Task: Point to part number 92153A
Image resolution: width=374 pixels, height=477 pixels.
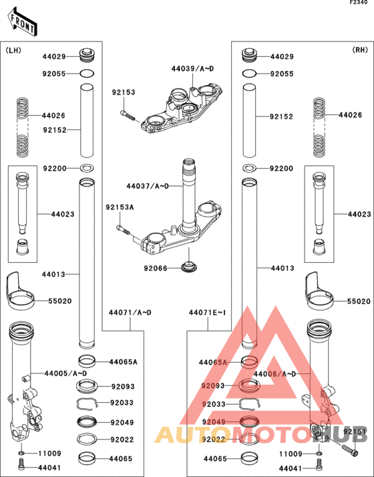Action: pyautogui.click(x=120, y=207)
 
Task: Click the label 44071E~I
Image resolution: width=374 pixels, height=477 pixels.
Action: pyautogui.click(x=208, y=312)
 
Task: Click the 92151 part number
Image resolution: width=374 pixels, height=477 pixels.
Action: pyautogui.click(x=356, y=432)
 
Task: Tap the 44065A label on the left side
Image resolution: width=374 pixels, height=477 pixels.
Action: pyautogui.click(x=124, y=361)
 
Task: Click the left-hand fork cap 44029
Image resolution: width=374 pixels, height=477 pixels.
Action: pyautogui.click(x=87, y=54)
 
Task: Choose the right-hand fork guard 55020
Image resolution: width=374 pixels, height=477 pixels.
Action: pyautogui.click(x=320, y=288)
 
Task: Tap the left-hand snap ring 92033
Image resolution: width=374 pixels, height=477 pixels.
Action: pyautogui.click(x=87, y=403)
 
